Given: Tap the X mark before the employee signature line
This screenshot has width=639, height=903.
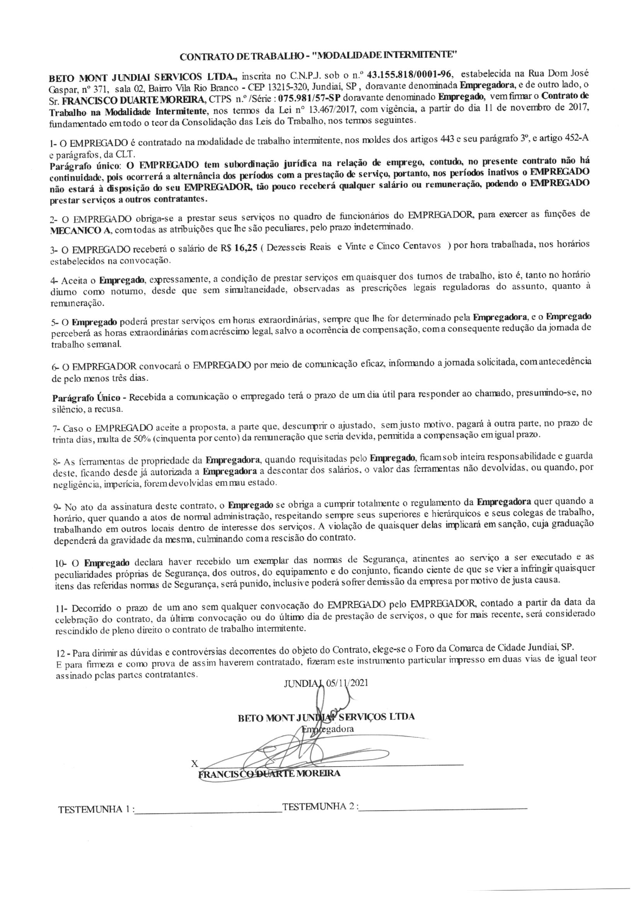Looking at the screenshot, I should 194,764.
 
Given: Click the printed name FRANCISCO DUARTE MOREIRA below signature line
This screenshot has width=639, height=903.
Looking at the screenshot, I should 269,774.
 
